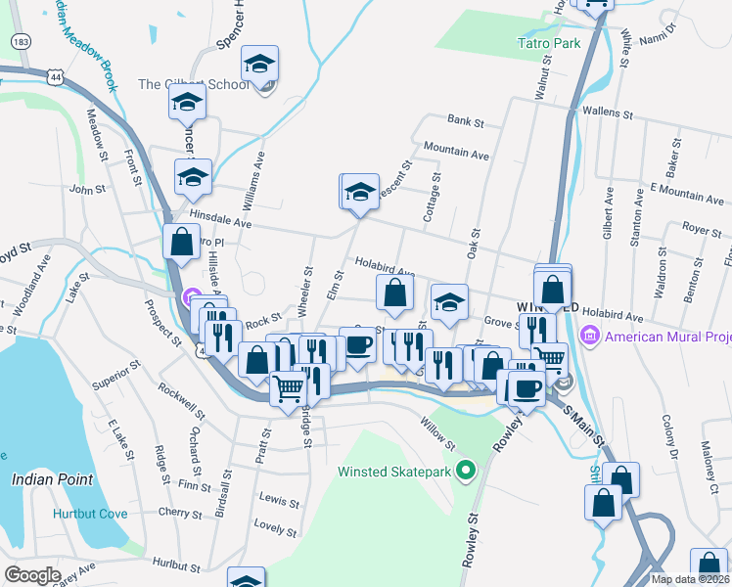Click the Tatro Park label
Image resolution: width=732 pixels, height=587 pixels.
point(548,43)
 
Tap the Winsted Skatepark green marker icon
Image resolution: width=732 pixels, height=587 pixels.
point(466,472)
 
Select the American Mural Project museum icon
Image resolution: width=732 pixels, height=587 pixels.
point(589,338)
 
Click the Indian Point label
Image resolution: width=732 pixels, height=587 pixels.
point(53,479)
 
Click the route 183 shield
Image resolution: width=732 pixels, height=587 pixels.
point(19,42)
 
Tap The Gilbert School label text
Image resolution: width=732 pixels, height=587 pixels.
point(194,84)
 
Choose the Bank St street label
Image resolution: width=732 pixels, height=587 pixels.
point(466,122)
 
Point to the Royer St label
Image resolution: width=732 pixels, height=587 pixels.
point(702,231)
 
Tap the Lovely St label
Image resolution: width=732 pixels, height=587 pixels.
point(275,526)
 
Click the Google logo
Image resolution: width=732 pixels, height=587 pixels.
point(32,575)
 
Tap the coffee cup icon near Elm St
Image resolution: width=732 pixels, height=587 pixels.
point(357,345)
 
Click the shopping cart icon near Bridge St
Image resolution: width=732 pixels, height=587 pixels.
point(288,388)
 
